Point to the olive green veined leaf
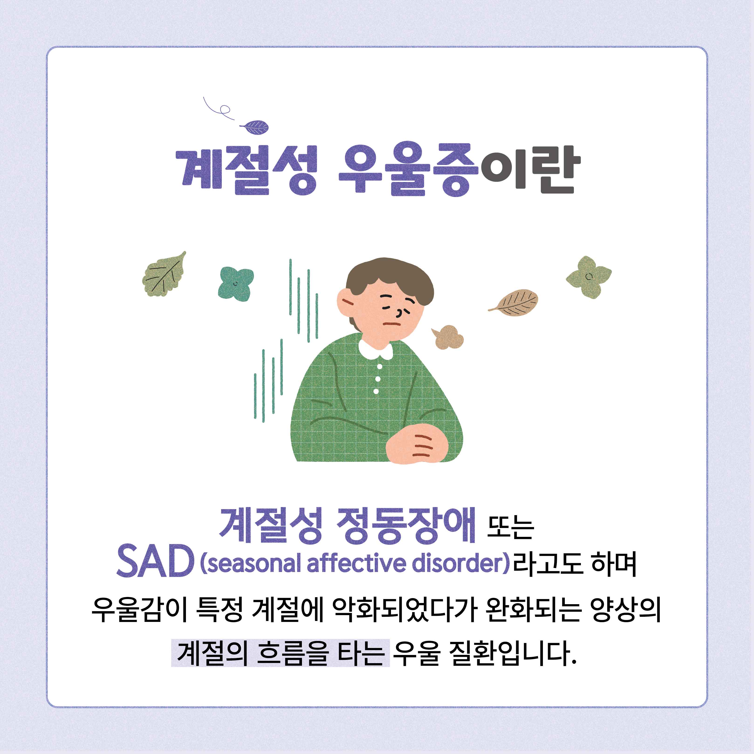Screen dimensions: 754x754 click(x=164, y=274)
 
